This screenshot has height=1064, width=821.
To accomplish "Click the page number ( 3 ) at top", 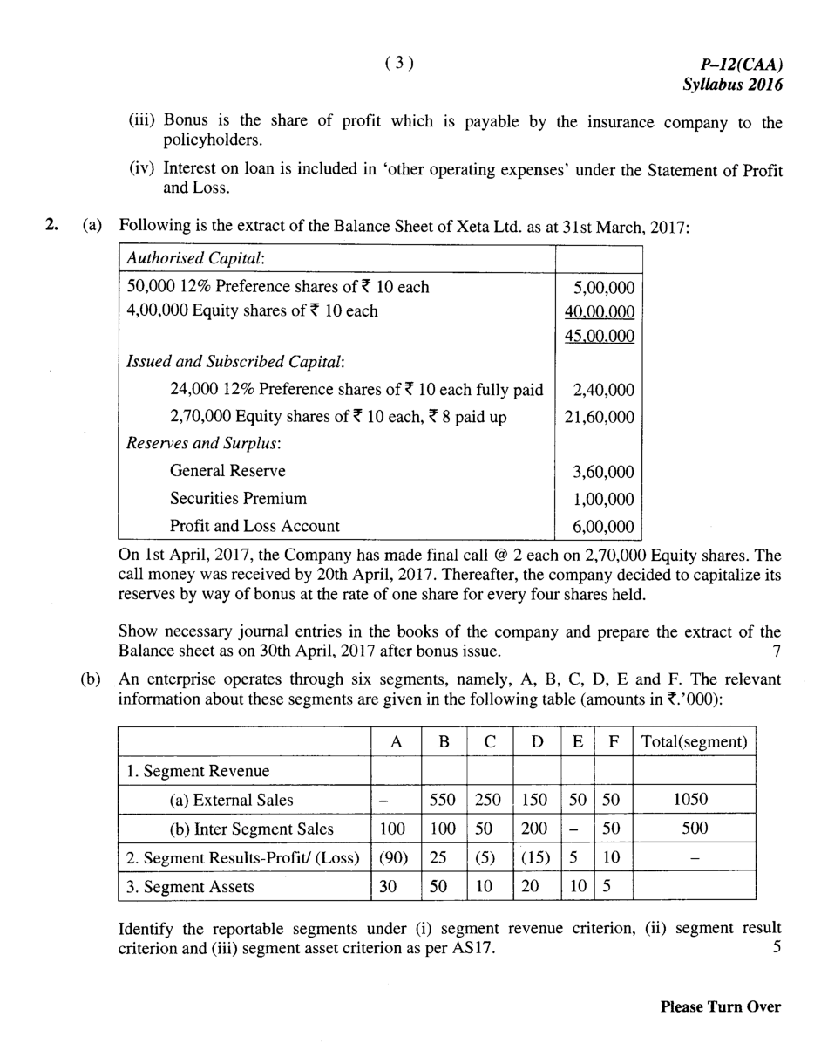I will tap(398, 63).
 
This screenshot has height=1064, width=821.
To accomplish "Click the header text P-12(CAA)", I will tap(742, 65).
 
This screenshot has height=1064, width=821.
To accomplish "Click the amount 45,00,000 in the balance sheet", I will tap(600, 337).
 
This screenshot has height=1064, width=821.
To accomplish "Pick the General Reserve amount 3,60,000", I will tap(603, 472).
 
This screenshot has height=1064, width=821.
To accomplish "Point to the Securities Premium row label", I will tap(238, 499).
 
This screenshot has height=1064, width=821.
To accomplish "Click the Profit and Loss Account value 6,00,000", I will tap(603, 527).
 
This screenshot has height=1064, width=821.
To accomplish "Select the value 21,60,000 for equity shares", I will tap(600, 418).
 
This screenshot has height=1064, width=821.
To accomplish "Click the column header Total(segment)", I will tap(694, 742).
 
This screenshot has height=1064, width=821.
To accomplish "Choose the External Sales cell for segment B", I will tap(444, 800).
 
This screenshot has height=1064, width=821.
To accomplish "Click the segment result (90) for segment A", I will tap(396, 857).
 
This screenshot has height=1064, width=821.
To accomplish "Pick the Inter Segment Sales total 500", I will tap(694, 829).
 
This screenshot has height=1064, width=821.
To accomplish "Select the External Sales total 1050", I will tap(694, 800).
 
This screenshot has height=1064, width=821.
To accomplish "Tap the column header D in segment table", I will tap(537, 742).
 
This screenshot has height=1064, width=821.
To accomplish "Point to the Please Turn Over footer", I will tap(720, 1006).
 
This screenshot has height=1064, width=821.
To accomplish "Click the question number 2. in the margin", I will tap(53, 225).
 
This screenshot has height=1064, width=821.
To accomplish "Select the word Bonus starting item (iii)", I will tap(184, 121).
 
